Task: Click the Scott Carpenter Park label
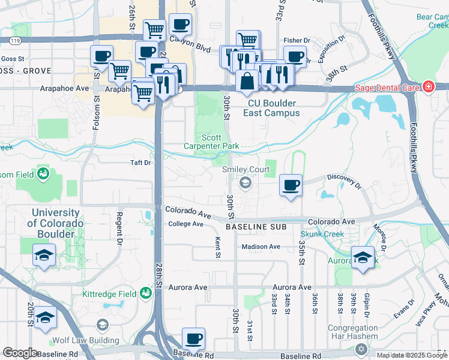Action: coord(211,142)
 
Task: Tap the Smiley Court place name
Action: coord(246,170)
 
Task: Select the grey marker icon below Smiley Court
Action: coord(245,182)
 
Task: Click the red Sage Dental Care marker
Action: coord(428,87)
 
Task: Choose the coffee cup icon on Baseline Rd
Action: coord(193,339)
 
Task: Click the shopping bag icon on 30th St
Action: coord(247,80)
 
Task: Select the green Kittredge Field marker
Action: coord(145,293)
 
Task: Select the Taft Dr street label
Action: coord(140,162)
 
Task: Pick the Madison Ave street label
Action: coord(261,247)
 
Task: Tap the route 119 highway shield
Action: coord(14,40)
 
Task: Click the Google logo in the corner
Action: coord(19,353)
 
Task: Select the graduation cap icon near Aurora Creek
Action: coord(363,258)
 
